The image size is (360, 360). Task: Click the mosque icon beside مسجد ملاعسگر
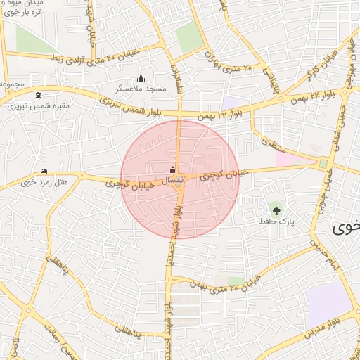tap(141, 79)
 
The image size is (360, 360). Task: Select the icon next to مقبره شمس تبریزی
tap(38, 96)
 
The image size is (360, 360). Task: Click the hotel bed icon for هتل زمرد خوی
tap(44, 171)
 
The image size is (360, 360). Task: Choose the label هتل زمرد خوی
tap(52, 182)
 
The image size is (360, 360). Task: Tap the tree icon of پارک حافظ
tap(275, 209)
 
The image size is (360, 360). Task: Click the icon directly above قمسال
tap(173, 169)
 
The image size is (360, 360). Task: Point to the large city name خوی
tap(346, 227)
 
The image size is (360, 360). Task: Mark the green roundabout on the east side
tap(323, 163)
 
